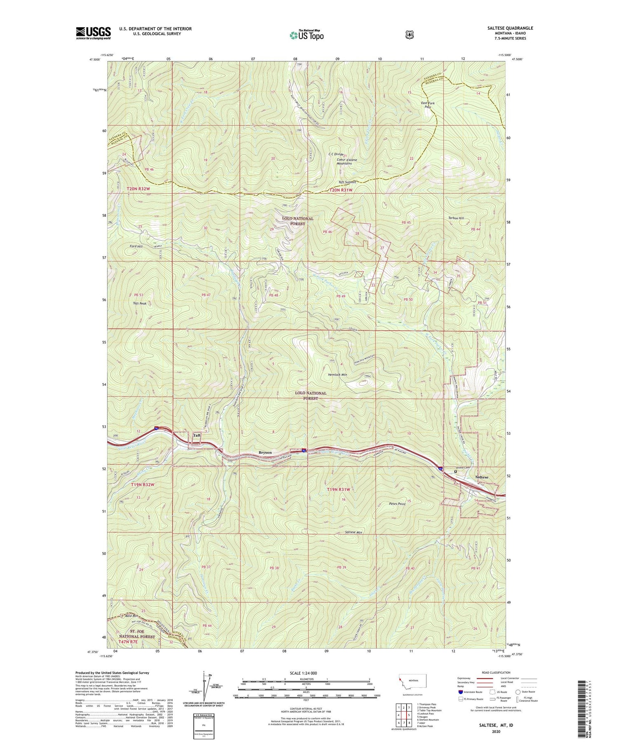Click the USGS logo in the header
(93, 33)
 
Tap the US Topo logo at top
(307, 35)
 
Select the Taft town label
(197, 435)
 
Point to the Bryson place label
(265, 452)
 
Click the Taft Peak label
(139, 303)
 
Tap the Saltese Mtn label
(353, 532)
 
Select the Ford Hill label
(136, 246)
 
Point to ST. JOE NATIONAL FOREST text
(137, 634)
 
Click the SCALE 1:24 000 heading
(306, 673)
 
